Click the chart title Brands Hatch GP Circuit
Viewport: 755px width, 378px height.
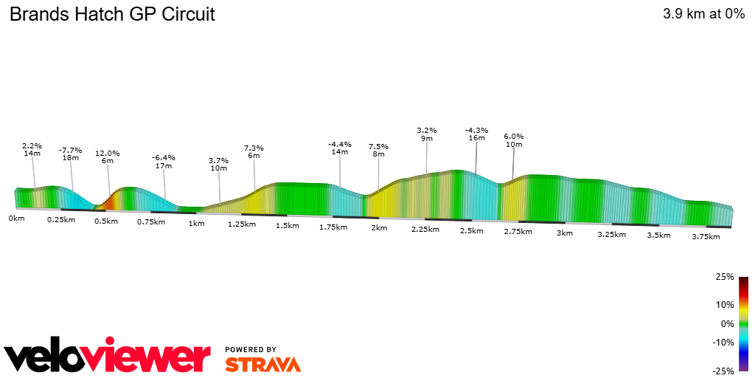(112, 14)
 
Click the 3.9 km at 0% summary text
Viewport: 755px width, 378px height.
(703, 14)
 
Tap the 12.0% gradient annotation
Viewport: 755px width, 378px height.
(107, 154)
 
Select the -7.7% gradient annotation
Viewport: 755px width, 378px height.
(70, 150)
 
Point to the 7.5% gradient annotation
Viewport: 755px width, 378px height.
(378, 147)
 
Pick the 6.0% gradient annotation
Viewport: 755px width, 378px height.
(513, 137)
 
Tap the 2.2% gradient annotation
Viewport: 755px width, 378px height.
(32, 145)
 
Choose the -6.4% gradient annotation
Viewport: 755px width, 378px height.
(163, 158)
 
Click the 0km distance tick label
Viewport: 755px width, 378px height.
(16, 219)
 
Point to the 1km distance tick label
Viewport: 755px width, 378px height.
(196, 224)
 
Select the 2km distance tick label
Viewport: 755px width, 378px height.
(379, 228)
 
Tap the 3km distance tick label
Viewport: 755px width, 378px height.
(564, 233)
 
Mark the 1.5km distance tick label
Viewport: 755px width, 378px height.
(287, 226)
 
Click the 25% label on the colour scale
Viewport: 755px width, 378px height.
(725, 277)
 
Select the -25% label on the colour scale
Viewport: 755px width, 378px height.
(723, 371)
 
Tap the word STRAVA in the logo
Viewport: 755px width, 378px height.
(262, 365)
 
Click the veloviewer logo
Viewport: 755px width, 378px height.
(108, 356)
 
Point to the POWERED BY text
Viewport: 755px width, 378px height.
(251, 349)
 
